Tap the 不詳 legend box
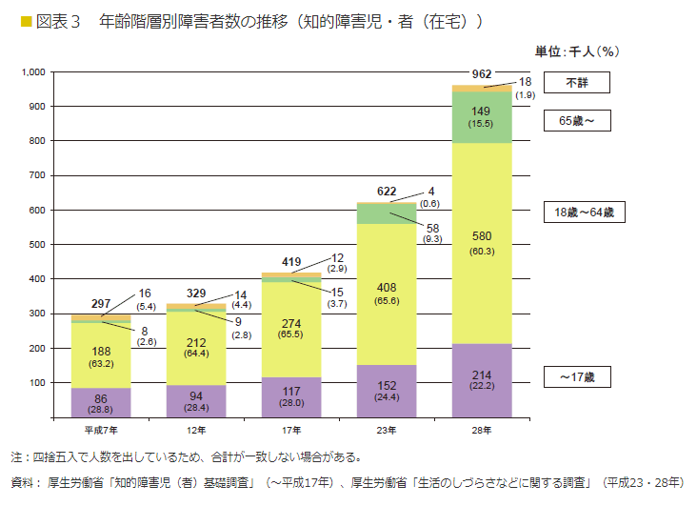(576, 83)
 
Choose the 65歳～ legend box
(576, 121)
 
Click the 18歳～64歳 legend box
(584, 213)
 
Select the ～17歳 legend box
(576, 376)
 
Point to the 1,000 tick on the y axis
(32, 72)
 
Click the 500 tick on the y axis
(36, 245)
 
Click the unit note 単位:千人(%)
(577, 51)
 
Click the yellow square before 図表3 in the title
(13, 20)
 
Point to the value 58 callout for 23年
(433, 229)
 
